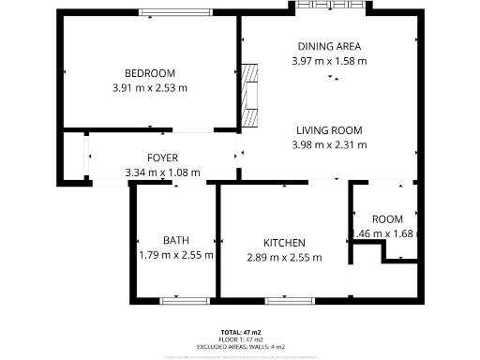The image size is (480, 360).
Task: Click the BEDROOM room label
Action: [x=150, y=74]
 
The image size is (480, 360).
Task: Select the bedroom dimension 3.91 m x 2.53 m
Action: [x=150, y=88]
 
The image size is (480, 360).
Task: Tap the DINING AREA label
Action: [x=329, y=46]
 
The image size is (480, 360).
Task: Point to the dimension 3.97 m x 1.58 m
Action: [x=329, y=60]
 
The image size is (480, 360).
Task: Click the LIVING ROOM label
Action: [x=329, y=130]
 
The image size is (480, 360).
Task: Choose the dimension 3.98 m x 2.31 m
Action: [x=329, y=144]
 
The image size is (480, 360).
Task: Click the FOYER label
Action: [x=162, y=157]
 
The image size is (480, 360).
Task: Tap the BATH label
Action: [x=175, y=241]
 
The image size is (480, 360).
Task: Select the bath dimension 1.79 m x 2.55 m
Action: [x=175, y=255]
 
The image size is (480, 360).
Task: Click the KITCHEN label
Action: [x=284, y=243]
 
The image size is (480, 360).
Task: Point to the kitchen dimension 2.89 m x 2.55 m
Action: [x=284, y=257]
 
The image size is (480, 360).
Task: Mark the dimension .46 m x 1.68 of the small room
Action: [x=383, y=233]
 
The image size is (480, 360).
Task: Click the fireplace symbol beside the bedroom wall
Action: [x=249, y=95]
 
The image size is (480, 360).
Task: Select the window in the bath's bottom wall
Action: [x=184, y=300]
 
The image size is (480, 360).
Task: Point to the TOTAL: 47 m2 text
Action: [x=240, y=333]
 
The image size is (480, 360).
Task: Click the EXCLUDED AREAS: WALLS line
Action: [x=240, y=347]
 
